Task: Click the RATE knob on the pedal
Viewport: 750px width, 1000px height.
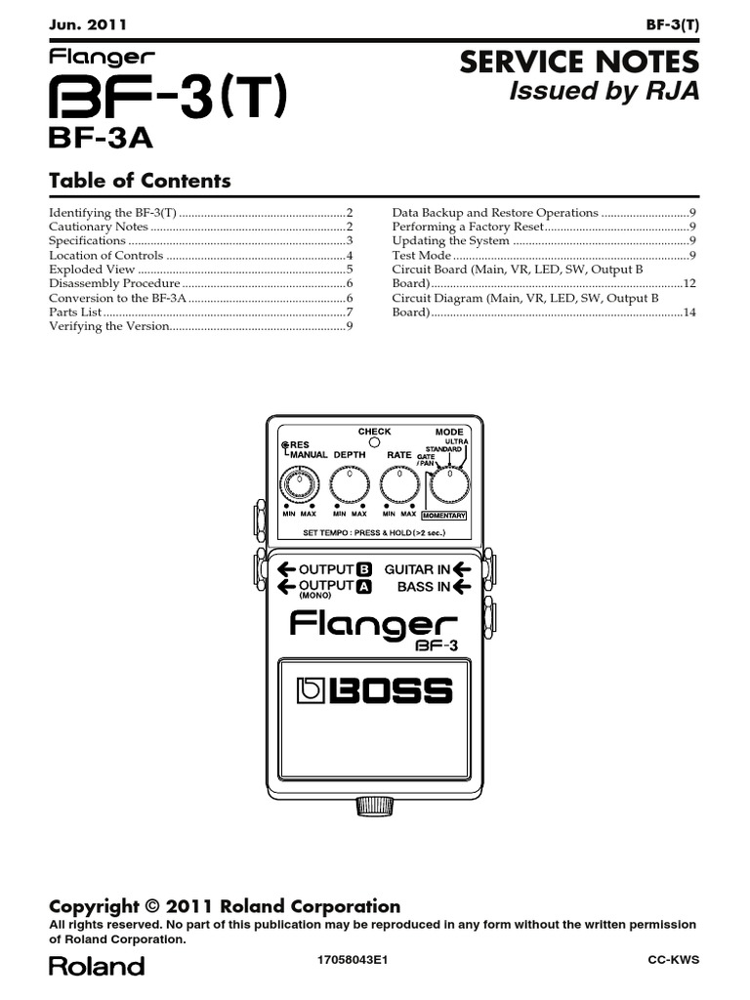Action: coord(398,482)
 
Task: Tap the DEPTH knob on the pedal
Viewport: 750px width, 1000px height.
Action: coord(349,482)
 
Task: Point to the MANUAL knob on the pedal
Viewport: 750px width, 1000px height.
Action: coord(298,482)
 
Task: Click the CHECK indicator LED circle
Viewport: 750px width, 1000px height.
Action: coord(374,442)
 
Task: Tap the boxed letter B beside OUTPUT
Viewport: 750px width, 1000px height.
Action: coord(363,569)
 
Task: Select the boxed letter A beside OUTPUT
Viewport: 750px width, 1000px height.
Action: coord(363,587)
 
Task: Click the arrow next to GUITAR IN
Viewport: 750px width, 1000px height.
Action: coord(463,569)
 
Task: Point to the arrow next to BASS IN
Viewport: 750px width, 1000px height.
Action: coord(463,587)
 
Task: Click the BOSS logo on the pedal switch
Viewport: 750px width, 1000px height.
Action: coord(375,691)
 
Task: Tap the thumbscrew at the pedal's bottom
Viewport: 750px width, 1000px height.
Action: coord(375,806)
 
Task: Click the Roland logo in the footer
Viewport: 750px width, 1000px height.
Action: coord(97,967)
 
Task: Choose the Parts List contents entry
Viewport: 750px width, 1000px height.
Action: coord(75,312)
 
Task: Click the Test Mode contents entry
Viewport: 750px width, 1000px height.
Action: coord(422,255)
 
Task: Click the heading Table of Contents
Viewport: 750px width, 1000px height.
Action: coord(140,181)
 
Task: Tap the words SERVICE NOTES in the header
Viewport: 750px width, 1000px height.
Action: coord(579,63)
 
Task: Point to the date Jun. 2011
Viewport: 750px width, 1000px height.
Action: coord(88,23)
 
